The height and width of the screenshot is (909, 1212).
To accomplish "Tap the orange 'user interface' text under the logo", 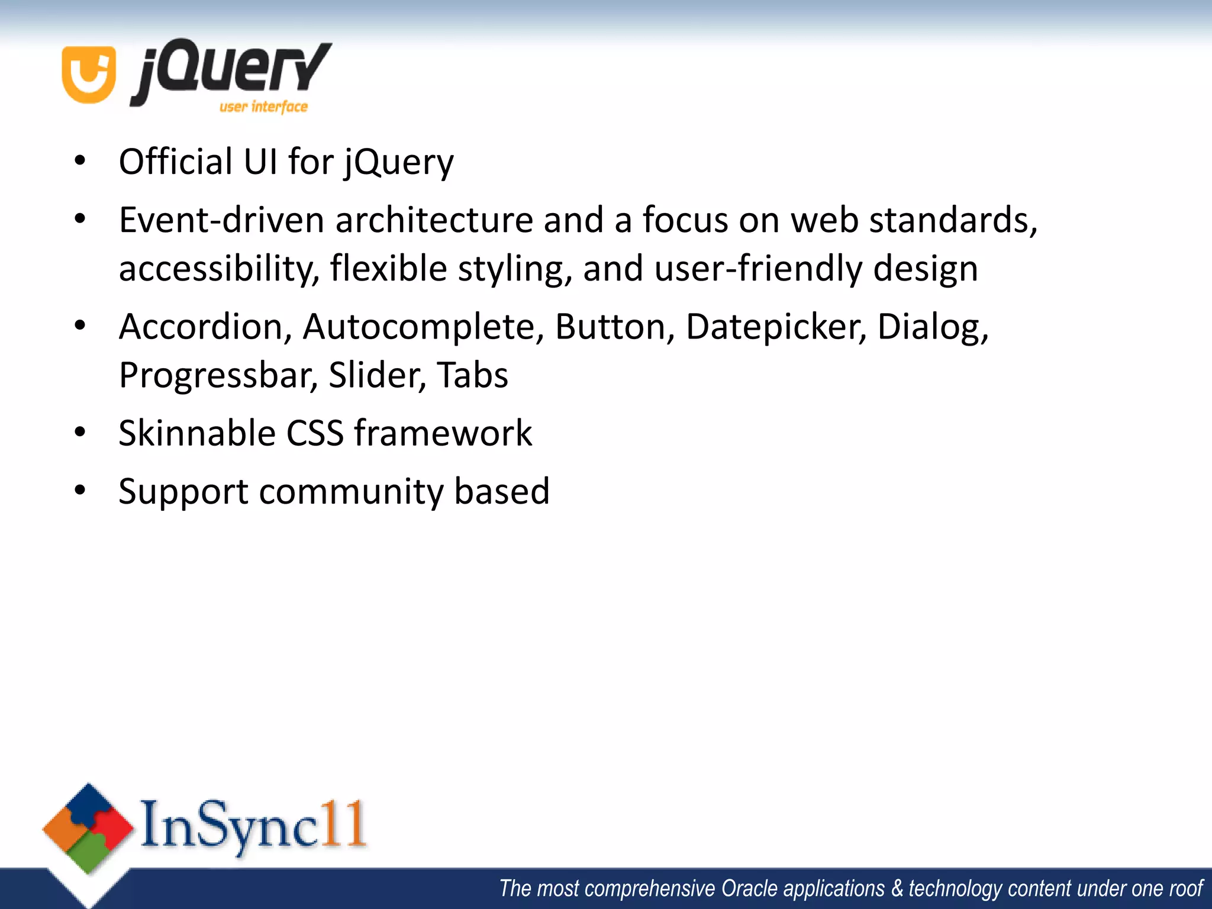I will [263, 107].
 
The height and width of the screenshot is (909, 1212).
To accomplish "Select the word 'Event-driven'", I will [222, 220].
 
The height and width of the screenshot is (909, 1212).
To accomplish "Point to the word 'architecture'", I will [434, 220].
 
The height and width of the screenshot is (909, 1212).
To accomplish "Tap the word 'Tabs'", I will [472, 375].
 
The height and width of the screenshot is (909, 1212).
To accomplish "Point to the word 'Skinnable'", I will [197, 433].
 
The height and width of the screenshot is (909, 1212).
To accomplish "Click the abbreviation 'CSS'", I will [315, 433].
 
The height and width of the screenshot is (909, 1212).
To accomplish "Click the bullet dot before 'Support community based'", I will [80, 491].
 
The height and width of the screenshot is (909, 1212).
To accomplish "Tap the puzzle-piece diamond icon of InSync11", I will [88, 828].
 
